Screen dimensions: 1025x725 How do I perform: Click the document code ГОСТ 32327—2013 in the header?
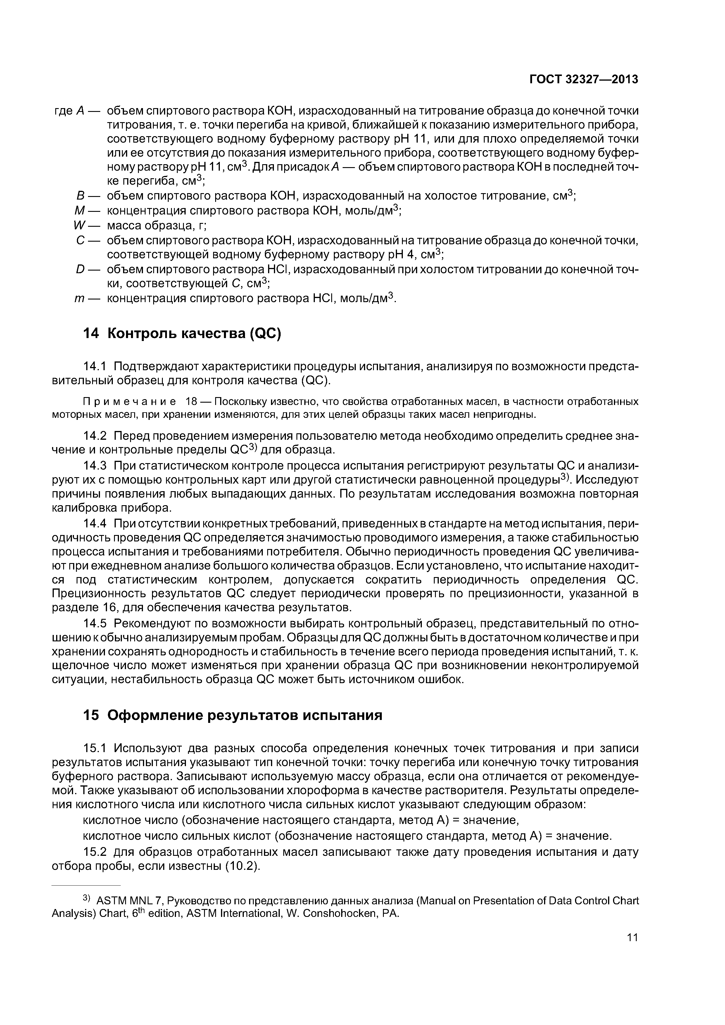tap(584, 79)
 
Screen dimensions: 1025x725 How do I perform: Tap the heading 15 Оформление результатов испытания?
tap(233, 715)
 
